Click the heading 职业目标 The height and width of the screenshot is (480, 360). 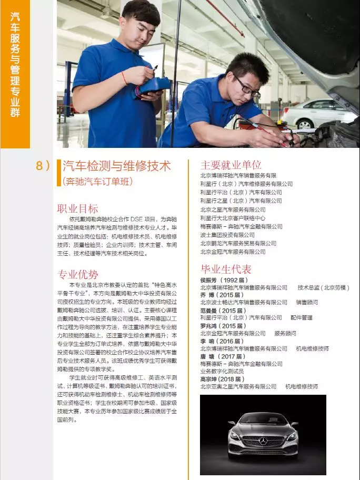(77, 209)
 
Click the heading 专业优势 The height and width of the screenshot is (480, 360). (77, 274)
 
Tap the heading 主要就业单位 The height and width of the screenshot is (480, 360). (231, 165)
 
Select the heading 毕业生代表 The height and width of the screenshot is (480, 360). (226, 269)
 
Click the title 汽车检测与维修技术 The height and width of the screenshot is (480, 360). (117, 166)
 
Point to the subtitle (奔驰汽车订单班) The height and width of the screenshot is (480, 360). (98, 181)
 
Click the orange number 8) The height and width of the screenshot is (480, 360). (43, 166)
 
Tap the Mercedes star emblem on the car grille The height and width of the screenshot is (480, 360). (263, 441)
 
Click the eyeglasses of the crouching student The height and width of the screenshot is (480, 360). (246, 87)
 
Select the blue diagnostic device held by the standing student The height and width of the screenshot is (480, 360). (152, 87)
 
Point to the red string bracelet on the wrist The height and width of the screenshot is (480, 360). (124, 78)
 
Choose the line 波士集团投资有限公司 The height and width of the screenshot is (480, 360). (227, 235)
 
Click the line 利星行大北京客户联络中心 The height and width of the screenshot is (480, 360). (233, 218)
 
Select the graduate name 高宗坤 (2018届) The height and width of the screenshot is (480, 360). (222, 379)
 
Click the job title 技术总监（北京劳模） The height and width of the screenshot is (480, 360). (323, 287)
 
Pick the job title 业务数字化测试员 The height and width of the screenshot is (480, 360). (222, 372)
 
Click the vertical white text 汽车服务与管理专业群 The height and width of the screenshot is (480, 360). (15, 65)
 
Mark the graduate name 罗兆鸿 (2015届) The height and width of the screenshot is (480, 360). (223, 326)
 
